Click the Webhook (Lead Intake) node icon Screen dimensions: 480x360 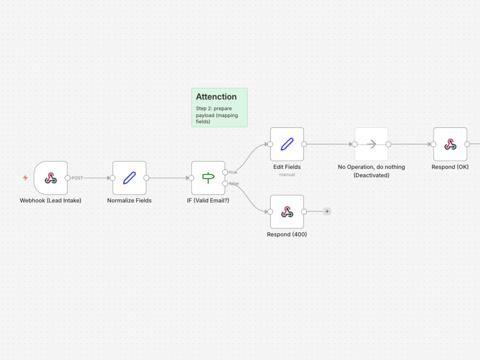click(x=51, y=178)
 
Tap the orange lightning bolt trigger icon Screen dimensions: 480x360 click(x=25, y=178)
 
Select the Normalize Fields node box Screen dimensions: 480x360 click(x=130, y=178)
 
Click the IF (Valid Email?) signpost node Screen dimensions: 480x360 click(x=208, y=178)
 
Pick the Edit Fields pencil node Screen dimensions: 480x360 click(x=287, y=144)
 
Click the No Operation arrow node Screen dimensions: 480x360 click(x=372, y=144)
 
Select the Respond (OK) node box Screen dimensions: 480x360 click(x=450, y=144)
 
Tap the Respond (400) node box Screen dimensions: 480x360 click(x=287, y=212)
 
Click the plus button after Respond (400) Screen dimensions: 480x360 click(x=327, y=212)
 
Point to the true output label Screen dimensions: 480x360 click(x=233, y=172)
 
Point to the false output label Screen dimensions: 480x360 click(x=234, y=184)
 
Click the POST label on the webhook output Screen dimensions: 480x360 click(x=77, y=178)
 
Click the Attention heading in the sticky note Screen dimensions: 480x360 click(x=216, y=97)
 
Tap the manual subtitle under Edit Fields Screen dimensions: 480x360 click(x=287, y=175)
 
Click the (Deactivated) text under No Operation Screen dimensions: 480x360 click(x=372, y=175)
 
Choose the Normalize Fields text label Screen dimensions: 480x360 click(x=130, y=201)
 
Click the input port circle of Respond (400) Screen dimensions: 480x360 click(x=270, y=212)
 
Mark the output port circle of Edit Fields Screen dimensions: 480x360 click(x=304, y=144)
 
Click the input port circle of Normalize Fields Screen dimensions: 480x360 click(x=113, y=178)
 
